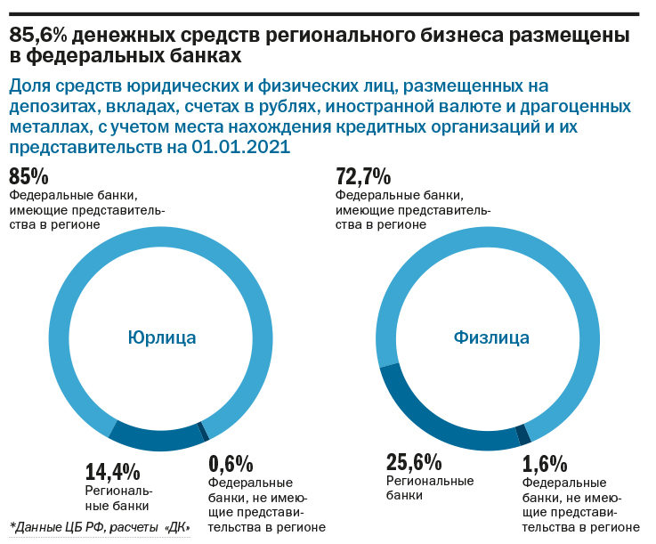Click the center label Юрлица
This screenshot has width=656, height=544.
pos(161,337)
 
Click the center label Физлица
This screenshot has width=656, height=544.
pos(491,337)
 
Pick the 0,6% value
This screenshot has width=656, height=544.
pos(231,464)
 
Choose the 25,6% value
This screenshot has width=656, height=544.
pos(414,462)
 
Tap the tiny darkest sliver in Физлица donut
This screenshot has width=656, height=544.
pos(523,434)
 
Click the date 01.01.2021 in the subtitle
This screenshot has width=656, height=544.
pos(239,148)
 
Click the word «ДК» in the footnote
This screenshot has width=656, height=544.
pos(176,527)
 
